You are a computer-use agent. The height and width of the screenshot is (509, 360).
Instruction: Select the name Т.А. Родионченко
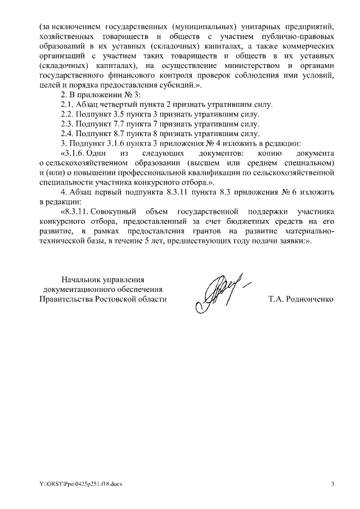click(301, 299)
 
